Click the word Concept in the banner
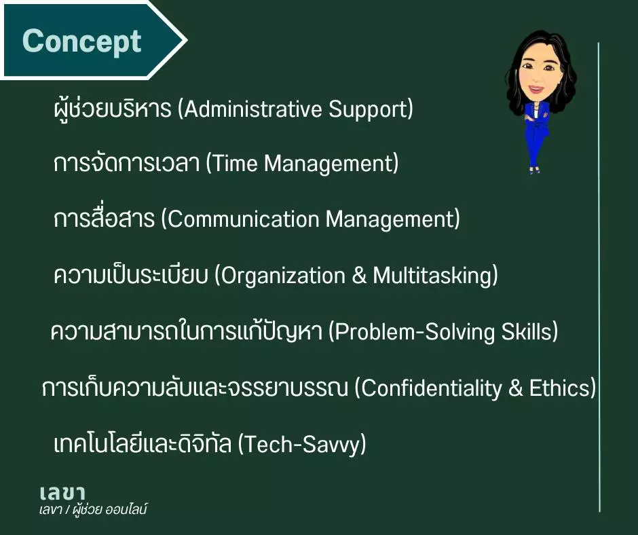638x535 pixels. [x=81, y=42]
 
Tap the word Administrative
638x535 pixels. [x=250, y=109]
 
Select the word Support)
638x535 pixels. [x=371, y=110]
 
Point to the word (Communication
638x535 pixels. [x=240, y=219]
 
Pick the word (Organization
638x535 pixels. [x=280, y=276]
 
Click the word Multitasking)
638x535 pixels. [x=435, y=276]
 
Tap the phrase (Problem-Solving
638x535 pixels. [x=411, y=332]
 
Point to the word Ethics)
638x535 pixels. [x=562, y=388]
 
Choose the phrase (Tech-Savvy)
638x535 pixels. [x=301, y=444]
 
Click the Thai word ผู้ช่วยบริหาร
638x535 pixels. [x=112, y=109]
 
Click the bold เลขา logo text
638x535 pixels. [x=62, y=493]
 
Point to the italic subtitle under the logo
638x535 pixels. [x=93, y=510]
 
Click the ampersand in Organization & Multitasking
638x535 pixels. [x=359, y=276]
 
